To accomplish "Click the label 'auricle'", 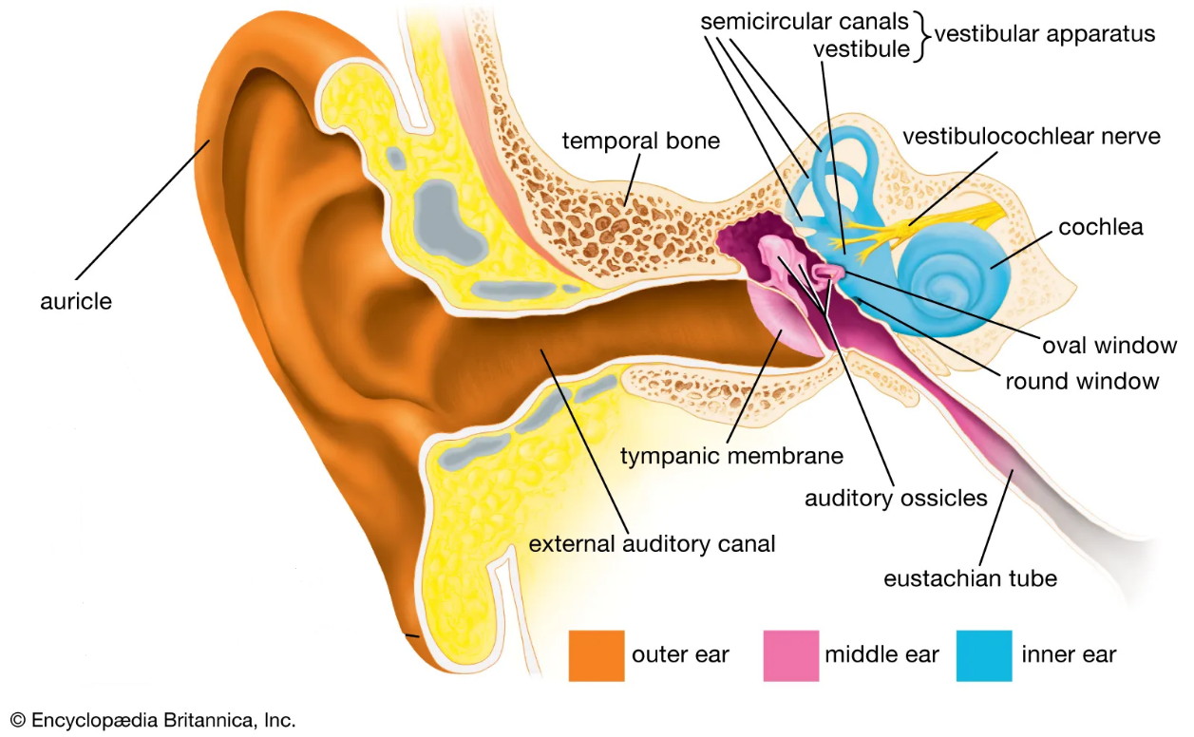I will coord(76,302).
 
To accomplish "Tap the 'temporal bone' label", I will coord(641,142).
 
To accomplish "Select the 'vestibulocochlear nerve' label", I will coord(1031,137).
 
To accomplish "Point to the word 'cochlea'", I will coord(1100,227).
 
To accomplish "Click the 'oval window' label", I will coord(1109,346).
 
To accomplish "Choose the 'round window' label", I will coord(1082,382).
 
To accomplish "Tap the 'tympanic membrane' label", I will coord(731,456).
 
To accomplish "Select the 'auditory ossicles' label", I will coord(896,498).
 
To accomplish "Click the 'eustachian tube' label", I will coord(970,577).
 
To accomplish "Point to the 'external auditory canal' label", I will coord(652,544).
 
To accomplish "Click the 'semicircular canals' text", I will coord(805,21).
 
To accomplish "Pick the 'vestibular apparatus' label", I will coord(1045,34).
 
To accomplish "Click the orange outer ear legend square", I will coord(597,655).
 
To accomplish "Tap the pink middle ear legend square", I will coord(790,655).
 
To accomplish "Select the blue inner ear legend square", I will coord(984,655).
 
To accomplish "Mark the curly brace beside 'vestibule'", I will coord(920,35).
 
